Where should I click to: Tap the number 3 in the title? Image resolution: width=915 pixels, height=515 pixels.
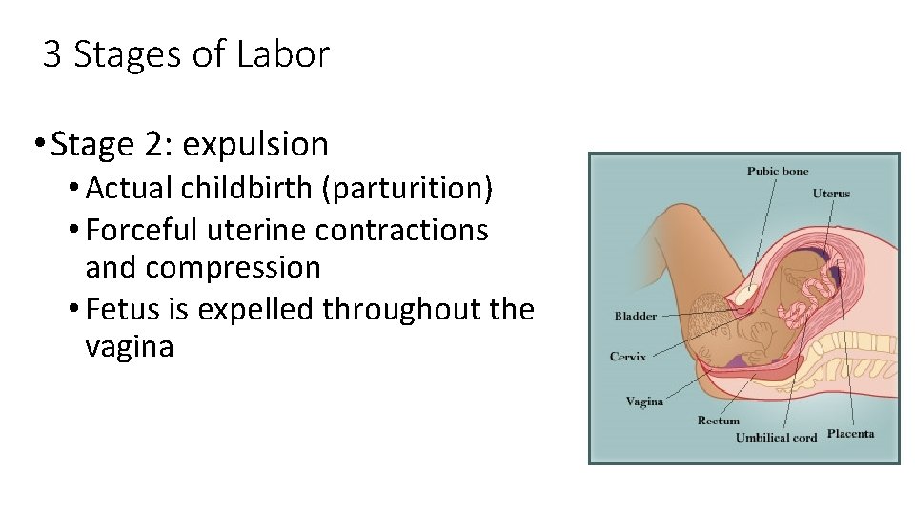click(x=52, y=54)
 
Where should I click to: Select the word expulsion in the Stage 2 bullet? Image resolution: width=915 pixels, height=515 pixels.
click(x=255, y=145)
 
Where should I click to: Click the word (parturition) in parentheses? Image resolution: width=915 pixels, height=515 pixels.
click(x=407, y=189)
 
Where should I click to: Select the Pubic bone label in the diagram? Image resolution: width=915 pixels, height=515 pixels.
click(x=778, y=172)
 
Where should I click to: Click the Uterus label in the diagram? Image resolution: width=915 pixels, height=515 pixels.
click(x=831, y=194)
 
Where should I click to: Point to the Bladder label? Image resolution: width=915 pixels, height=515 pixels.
click(x=635, y=317)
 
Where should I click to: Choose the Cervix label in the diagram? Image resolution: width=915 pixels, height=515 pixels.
click(x=628, y=357)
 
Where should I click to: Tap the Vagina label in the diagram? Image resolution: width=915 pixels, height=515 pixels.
click(x=644, y=402)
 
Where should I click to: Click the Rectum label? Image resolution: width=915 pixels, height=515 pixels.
click(x=718, y=421)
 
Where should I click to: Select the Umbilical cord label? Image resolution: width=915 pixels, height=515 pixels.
click(x=776, y=438)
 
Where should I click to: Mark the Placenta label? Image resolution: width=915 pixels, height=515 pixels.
click(x=850, y=434)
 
